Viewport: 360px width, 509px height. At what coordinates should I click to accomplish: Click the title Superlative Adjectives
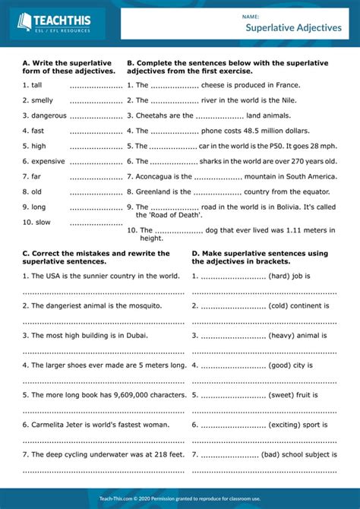pos(293,27)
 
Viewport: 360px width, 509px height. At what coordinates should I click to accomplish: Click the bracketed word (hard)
pos(279,275)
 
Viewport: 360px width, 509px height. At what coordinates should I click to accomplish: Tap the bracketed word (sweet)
pos(282,394)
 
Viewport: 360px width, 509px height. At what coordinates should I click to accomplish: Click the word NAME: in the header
pos(251,15)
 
